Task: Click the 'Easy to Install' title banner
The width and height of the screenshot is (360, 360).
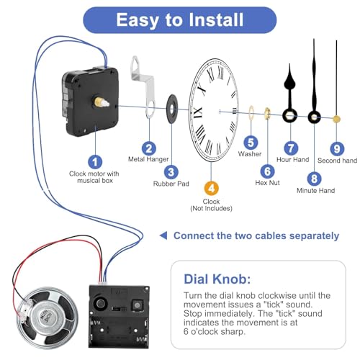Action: tap(180, 19)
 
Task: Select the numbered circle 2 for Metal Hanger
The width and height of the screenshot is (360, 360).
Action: tap(149, 148)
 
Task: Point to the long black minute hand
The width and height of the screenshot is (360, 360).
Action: tap(314, 79)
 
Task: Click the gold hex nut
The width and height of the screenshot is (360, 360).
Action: tap(267, 113)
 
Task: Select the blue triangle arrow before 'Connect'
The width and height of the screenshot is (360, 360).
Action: tap(163, 235)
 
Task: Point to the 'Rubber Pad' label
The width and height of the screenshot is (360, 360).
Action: tap(171, 184)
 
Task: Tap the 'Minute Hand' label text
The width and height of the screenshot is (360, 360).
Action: tap(315, 191)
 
